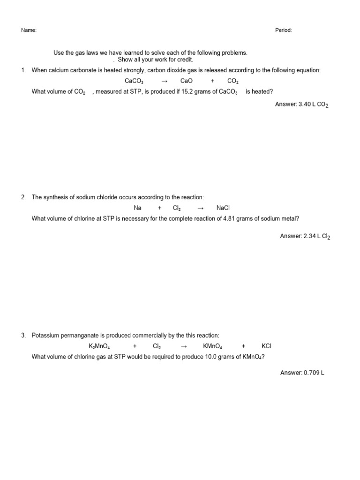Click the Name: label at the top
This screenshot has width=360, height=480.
29,30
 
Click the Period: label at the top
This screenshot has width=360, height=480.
283,30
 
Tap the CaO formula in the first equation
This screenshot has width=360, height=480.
187,81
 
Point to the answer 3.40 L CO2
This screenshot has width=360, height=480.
301,105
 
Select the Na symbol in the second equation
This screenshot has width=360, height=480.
138,208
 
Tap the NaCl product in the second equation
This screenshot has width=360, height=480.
223,208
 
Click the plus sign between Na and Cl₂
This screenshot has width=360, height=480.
160,208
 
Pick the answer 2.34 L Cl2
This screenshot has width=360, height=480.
305,237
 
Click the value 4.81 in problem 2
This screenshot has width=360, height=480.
229,218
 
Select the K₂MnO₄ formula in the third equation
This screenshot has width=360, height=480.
99,346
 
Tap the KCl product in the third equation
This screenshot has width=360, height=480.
266,346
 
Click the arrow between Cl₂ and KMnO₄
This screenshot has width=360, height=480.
184,346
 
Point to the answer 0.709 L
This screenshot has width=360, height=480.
302,373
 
